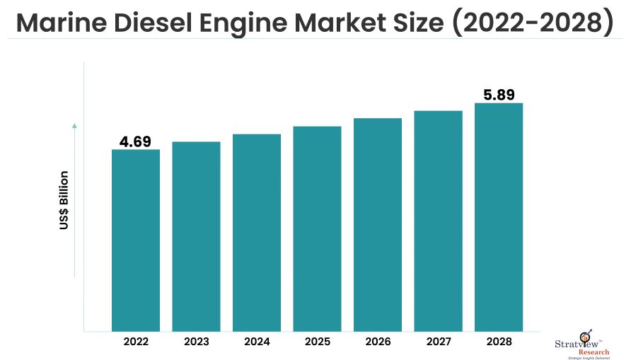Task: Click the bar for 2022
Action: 136,240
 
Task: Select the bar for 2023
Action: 196,236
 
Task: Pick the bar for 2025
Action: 318,228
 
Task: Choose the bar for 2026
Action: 378,224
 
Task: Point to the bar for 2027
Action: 439,221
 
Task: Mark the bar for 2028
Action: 499,216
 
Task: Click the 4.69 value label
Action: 135,141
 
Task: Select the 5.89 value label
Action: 499,95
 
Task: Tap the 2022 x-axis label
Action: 136,342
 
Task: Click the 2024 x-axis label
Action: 257,342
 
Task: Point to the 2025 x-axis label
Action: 318,342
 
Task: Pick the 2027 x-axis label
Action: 439,342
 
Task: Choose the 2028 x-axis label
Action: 499,342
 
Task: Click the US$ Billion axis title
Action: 64,200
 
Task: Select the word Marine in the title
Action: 59,23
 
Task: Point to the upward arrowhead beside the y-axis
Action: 74,126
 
